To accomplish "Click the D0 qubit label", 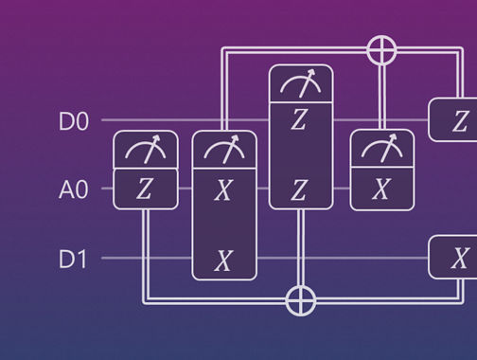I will pos(74,121).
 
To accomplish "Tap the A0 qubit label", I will pos(74,189).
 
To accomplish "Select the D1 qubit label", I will pos(74,259).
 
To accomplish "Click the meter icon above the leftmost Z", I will pos(145,150).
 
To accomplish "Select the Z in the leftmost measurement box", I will pos(145,189).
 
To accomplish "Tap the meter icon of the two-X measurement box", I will pos(223,150).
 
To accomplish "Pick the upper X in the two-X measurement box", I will pos(223,189).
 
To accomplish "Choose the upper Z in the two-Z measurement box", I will pos(301,121).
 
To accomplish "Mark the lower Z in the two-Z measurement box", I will pos(301,189).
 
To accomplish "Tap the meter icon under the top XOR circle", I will pos(380,150).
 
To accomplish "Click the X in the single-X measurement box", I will pos(380,189).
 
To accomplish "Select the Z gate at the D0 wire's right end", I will pos(458,120).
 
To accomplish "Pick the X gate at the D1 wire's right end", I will pos(458,259).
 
